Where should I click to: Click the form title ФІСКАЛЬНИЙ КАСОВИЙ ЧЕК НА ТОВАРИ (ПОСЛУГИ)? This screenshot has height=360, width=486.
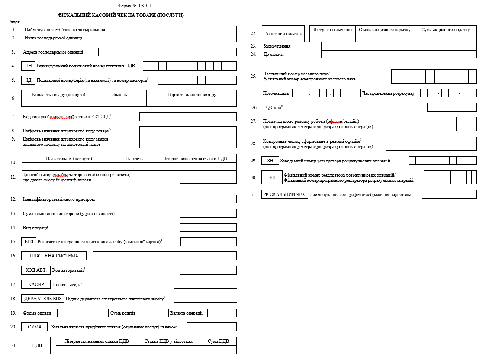click(x=121, y=15)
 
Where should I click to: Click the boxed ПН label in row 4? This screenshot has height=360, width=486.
click(x=28, y=66)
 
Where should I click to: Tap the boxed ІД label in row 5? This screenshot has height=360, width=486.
click(x=29, y=80)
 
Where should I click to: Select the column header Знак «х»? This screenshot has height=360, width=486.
click(x=121, y=95)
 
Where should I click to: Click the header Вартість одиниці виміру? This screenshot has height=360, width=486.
click(x=191, y=95)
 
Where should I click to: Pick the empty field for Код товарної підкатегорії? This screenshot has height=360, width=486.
click(x=188, y=116)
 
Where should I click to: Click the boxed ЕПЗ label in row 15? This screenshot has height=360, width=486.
click(x=29, y=241)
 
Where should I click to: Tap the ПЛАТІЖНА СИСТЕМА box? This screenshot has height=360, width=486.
click(x=54, y=256)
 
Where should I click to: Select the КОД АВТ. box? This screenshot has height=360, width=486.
click(x=35, y=270)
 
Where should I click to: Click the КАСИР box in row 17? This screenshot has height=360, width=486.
click(x=36, y=284)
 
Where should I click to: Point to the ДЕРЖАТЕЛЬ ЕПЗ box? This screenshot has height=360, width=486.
click(x=43, y=299)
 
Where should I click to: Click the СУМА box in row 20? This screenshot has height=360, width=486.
click(x=35, y=327)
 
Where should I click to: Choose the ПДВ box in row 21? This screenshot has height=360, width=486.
click(x=37, y=345)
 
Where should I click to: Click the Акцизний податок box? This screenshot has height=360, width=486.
click(x=283, y=34)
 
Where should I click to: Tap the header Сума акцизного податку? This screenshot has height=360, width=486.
click(x=445, y=30)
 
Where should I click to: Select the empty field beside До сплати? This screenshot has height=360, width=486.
click(x=399, y=54)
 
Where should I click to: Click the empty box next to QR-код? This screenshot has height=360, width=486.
click(x=451, y=107)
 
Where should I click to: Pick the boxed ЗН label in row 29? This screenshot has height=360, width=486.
click(x=270, y=161)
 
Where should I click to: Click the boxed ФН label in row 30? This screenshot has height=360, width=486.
click(x=272, y=177)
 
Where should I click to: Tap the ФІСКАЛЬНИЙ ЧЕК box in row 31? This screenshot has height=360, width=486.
click(x=285, y=195)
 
